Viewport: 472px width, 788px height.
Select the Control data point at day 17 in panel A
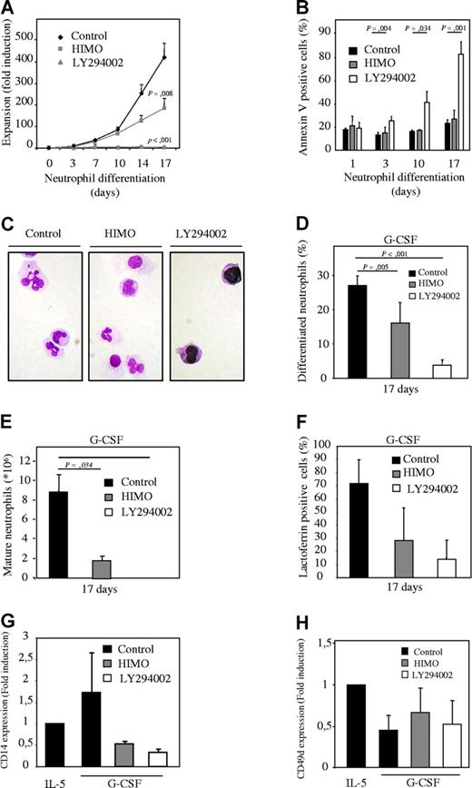214,58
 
